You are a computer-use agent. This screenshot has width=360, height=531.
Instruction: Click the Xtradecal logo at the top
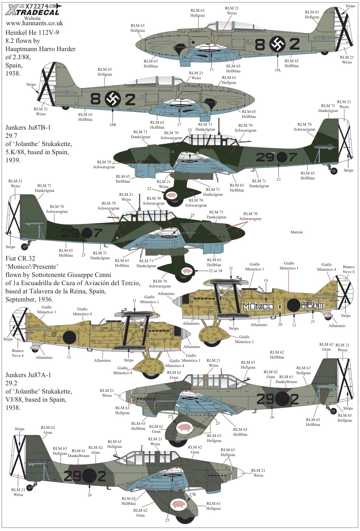click(32, 9)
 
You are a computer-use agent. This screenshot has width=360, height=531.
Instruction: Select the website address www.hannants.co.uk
click(34, 24)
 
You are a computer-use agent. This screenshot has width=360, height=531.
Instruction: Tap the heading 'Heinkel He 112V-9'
click(32, 32)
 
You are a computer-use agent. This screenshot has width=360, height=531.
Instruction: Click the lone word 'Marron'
click(296, 232)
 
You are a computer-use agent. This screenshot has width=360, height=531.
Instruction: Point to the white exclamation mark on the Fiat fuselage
click(280, 308)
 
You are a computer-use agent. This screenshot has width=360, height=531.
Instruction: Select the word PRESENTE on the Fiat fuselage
click(313, 305)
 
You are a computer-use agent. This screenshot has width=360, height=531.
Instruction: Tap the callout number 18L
click(278, 70)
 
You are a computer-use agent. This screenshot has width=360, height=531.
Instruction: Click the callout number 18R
click(113, 124)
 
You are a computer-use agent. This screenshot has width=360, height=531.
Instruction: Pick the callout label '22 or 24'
click(215, 271)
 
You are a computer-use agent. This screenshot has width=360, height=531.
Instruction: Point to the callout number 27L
click(171, 416)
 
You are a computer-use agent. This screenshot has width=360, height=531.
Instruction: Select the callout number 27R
click(192, 494)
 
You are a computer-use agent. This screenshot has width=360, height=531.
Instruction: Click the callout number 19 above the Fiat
click(266, 281)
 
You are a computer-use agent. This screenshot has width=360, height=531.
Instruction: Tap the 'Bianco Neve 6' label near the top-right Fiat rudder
click(349, 269)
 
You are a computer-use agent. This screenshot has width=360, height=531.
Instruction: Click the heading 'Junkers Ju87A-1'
click(28, 375)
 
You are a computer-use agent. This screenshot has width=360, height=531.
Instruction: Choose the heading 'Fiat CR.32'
click(20, 258)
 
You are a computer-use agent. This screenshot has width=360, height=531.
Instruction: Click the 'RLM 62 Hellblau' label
click(277, 355)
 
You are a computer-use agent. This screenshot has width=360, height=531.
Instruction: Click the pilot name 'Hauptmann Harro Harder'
click(41, 49)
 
